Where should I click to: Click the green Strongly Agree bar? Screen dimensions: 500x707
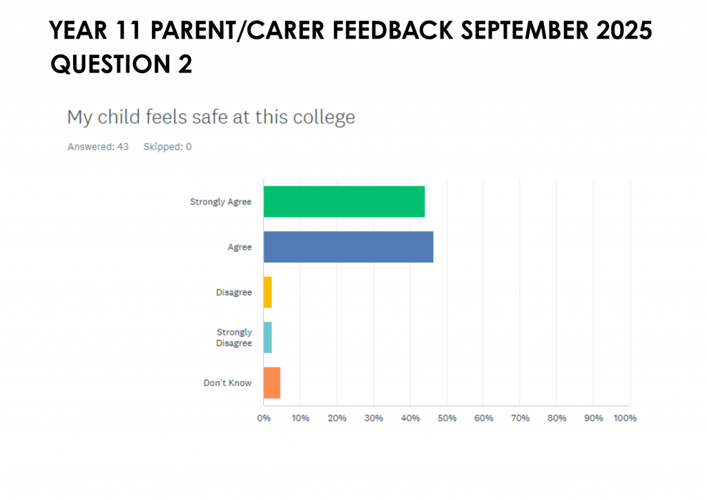(344, 202)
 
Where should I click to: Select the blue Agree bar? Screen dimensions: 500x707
(348, 247)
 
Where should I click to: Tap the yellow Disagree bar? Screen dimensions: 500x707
(267, 292)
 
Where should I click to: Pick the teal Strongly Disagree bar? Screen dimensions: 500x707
(267, 338)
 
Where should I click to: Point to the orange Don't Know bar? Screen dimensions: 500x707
(271, 383)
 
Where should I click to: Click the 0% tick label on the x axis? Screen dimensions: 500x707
(264, 419)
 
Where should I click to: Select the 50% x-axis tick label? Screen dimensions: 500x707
(447, 419)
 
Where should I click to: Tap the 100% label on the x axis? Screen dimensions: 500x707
(625, 419)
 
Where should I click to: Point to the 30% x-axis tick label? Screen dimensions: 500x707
(374, 419)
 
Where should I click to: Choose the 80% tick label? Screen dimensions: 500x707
(556, 419)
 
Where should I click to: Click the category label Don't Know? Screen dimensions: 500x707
(227, 383)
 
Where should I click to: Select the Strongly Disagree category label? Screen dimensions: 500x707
(234, 338)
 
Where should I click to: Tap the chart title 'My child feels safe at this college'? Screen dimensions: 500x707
(211, 117)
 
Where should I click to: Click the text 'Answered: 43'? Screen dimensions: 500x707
(98, 147)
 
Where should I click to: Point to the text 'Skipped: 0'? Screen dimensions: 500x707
(167, 147)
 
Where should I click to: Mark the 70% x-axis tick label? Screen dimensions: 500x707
(520, 419)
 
